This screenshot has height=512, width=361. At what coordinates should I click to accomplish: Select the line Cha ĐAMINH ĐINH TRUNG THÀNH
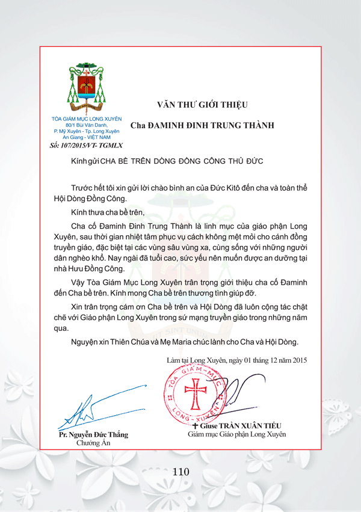(202, 125)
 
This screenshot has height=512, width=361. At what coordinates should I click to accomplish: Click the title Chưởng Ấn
(93, 443)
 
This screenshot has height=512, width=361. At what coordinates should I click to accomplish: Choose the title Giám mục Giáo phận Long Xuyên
(237, 434)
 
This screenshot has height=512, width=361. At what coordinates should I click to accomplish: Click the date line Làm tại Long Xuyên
(237, 360)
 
